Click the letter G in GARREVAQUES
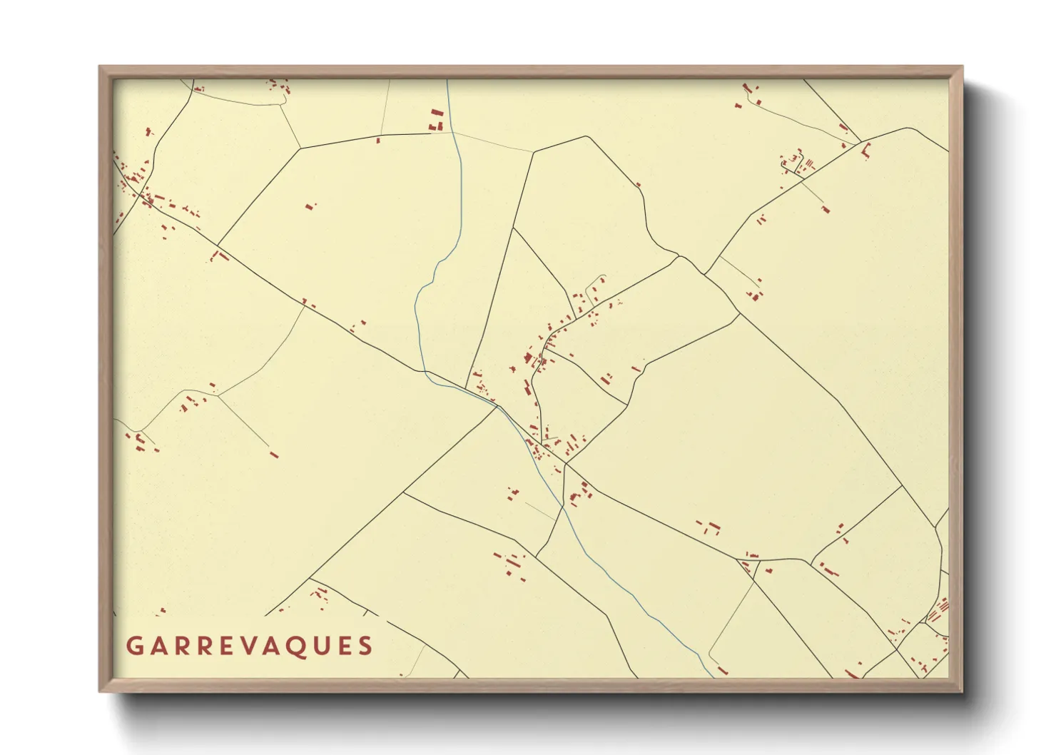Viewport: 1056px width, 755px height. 133,646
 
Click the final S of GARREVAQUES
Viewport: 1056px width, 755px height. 366,646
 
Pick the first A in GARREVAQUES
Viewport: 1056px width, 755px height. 157,646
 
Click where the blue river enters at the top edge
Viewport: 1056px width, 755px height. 447,81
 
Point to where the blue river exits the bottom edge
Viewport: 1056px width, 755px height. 712,676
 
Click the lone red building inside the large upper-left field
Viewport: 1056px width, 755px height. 310,206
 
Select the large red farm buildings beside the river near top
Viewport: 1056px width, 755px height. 436,120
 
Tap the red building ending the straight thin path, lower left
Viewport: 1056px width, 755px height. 274,455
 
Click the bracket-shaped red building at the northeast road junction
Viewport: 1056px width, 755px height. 867,150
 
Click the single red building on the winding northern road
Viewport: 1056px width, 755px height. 638,185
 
